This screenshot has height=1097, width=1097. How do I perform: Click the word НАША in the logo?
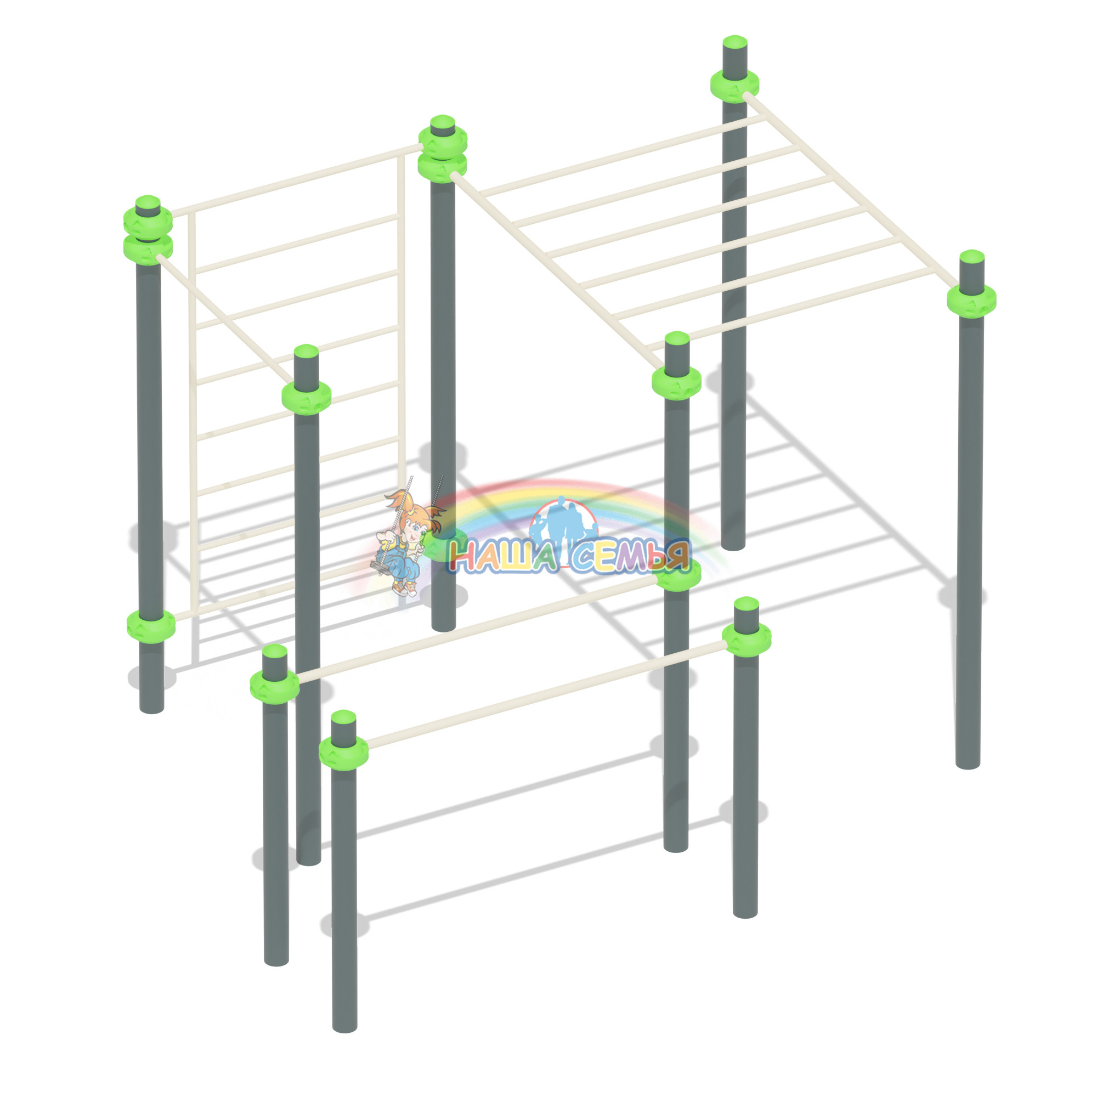[x=502, y=556]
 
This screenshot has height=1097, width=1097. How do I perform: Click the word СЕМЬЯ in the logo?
[x=630, y=555]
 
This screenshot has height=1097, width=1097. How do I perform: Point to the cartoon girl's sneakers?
[x=405, y=587]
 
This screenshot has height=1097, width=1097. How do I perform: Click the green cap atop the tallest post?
[x=734, y=42]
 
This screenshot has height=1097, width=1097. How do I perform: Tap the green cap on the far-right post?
[x=971, y=256]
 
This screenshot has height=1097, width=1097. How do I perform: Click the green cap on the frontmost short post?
[x=343, y=716]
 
